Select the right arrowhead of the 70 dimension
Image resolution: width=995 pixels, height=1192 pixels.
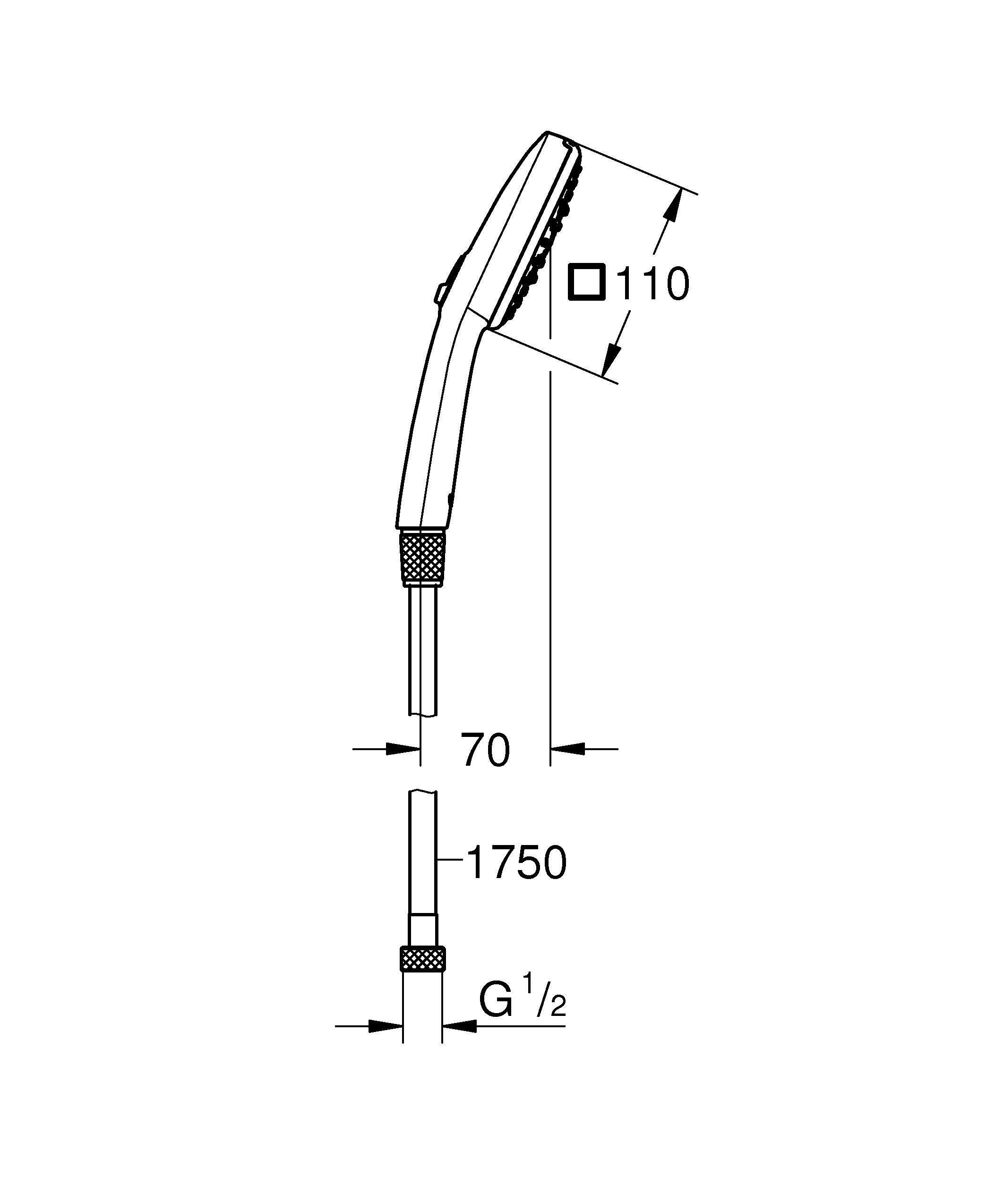[568, 749]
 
